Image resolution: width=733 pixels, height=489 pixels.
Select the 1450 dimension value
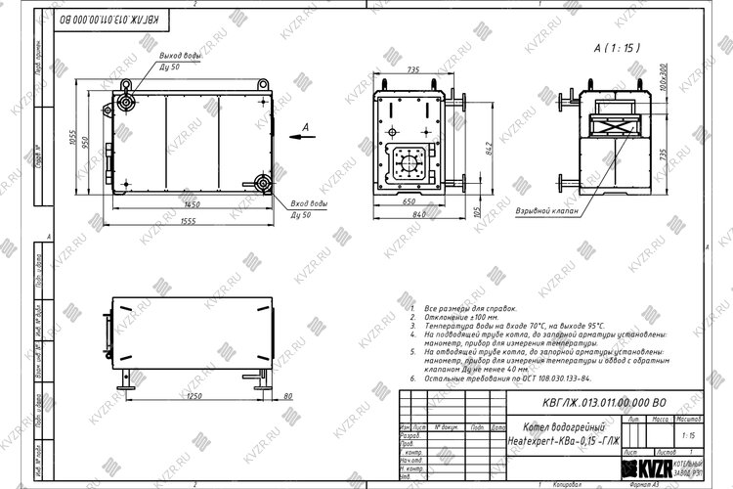191,205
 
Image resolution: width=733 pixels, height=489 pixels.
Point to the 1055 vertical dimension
72,138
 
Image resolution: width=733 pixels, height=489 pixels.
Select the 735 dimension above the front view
412,70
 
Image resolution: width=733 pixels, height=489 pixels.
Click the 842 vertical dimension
489,147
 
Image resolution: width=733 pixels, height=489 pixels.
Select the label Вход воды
308,203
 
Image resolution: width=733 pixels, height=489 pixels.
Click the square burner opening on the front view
404,164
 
